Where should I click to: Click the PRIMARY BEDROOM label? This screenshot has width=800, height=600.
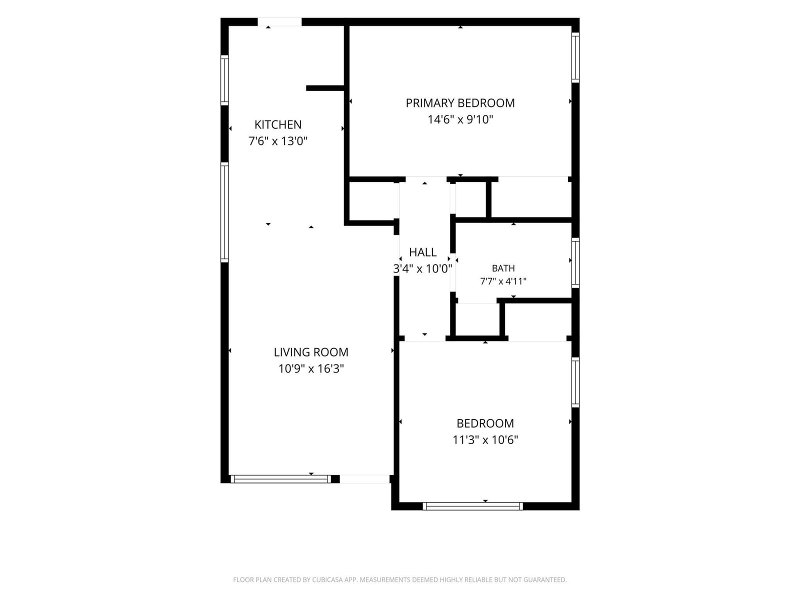[460, 103]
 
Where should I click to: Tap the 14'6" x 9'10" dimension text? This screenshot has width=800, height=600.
[460, 119]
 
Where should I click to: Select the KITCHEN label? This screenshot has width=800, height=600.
[277, 124]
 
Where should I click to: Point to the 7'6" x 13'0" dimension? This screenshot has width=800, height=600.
[277, 141]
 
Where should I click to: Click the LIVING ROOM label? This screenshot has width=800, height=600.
[311, 352]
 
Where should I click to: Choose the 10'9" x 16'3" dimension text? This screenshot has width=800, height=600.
[311, 368]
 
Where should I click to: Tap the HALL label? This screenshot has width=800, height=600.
[422, 252]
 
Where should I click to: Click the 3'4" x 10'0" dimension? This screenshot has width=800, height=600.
[422, 269]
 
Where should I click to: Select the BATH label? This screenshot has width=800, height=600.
[503, 268]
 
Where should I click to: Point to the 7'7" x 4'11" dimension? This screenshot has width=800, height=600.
[503, 281]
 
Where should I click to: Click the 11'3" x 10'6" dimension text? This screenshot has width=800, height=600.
[485, 440]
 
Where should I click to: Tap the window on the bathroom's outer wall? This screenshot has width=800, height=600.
[575, 262]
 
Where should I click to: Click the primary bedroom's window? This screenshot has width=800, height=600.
[575, 57]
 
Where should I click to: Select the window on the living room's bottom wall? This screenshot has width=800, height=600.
[280, 479]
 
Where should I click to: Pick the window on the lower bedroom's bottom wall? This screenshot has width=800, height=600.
[472, 506]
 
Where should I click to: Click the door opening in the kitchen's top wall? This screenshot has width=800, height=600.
[279, 22]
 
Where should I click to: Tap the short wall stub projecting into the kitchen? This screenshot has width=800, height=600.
[325, 88]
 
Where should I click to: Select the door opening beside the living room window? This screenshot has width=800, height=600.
[364, 479]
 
